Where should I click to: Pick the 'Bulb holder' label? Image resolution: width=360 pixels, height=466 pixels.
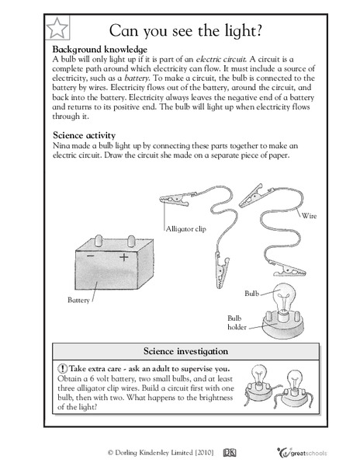237,323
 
